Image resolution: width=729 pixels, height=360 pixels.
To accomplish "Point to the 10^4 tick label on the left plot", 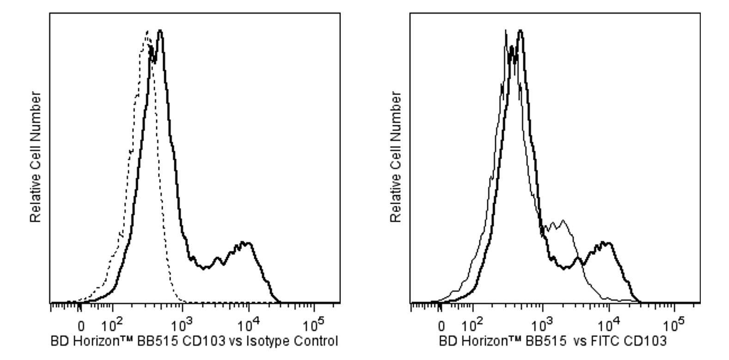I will tap(248, 325).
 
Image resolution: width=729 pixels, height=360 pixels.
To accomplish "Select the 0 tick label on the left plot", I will tap(81, 327).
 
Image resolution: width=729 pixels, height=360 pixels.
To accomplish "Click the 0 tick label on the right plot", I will tap(442, 327).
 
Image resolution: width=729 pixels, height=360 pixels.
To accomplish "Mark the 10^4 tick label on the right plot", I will tap(608, 325).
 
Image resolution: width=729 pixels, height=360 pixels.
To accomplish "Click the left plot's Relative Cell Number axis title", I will tap(36, 157).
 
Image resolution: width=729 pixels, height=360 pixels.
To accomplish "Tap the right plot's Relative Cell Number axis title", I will tap(396, 157).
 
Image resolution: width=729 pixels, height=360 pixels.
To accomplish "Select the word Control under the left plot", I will tap(316, 342).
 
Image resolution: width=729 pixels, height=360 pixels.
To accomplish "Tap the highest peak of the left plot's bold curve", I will tap(160, 31).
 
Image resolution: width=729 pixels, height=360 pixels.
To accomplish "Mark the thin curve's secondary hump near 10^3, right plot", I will tap(563, 222).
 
